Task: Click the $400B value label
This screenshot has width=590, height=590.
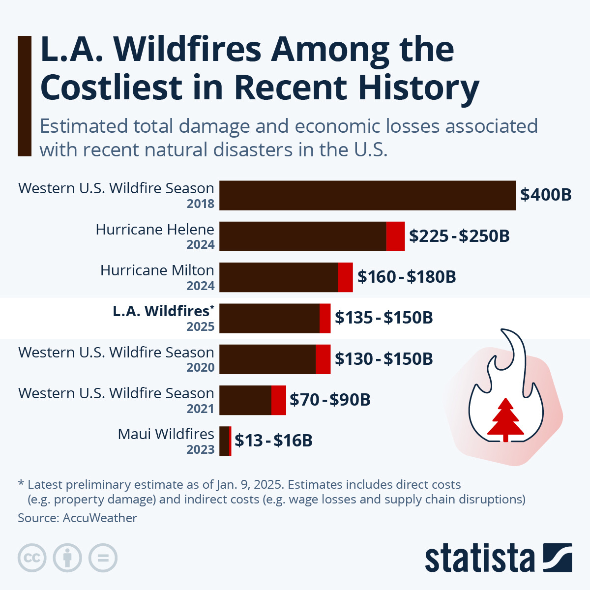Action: click(546, 195)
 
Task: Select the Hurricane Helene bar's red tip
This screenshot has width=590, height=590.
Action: click(395, 236)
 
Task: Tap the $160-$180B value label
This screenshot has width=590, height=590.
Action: click(407, 277)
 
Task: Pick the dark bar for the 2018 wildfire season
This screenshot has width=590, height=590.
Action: click(367, 195)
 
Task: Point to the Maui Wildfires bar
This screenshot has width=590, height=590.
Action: click(225, 441)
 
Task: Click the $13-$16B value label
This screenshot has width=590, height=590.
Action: click(273, 441)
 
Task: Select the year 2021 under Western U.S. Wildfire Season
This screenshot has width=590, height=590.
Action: click(201, 409)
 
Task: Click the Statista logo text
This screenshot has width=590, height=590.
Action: click(479, 559)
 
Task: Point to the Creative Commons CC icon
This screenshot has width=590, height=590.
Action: click(32, 558)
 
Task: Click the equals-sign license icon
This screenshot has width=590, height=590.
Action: click(103, 558)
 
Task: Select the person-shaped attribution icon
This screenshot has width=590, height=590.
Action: click(67, 558)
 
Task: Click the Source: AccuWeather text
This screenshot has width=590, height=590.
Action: click(77, 518)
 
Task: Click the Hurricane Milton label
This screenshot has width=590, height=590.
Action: click(157, 270)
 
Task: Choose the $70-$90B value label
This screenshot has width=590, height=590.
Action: click(330, 400)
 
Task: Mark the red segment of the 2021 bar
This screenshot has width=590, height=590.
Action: click(278, 400)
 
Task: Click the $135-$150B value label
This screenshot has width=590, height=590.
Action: click(383, 318)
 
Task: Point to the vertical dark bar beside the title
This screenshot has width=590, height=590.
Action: click(24, 96)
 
